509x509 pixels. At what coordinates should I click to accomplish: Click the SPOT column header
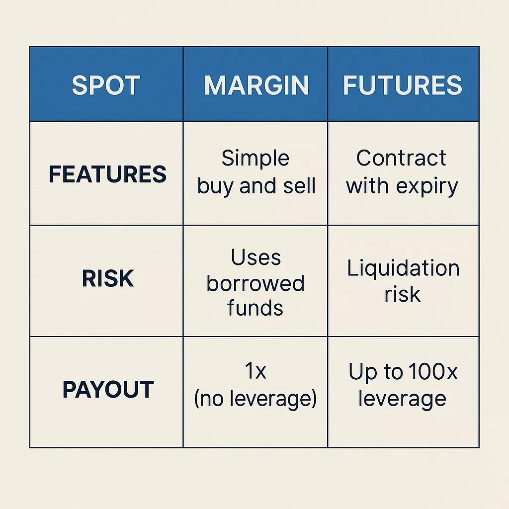click(x=106, y=85)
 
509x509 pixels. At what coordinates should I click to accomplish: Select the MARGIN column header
click(x=256, y=85)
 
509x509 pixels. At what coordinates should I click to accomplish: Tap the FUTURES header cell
click(x=403, y=85)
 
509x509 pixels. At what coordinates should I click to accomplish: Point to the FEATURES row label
click(x=107, y=174)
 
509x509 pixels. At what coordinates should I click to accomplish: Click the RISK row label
click(x=108, y=279)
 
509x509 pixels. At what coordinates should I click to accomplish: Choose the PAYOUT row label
click(x=108, y=390)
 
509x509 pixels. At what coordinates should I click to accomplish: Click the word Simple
click(x=255, y=159)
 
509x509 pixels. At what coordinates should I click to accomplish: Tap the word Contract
click(x=402, y=159)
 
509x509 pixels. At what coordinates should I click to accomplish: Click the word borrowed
click(x=255, y=283)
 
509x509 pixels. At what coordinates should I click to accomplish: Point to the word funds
click(x=255, y=308)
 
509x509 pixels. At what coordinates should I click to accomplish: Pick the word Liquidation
click(x=403, y=268)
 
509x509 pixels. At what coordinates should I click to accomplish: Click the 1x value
click(x=255, y=372)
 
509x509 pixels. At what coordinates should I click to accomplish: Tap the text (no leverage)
click(x=255, y=399)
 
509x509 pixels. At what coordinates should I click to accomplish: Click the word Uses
click(x=255, y=257)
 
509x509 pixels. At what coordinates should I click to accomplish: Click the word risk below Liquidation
click(x=403, y=294)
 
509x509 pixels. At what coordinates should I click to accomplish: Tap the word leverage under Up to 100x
click(x=402, y=399)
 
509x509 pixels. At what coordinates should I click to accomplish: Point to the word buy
click(x=216, y=187)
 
